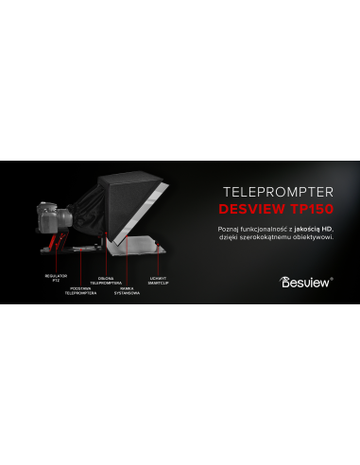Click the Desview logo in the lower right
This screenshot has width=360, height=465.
[306, 281]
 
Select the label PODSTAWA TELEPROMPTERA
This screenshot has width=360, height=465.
[81, 291]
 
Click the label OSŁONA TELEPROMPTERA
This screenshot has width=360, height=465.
[107, 280]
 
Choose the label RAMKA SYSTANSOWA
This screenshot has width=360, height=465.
[128, 291]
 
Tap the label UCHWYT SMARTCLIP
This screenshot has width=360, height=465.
[159, 279]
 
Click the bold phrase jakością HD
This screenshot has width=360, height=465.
[312, 229]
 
